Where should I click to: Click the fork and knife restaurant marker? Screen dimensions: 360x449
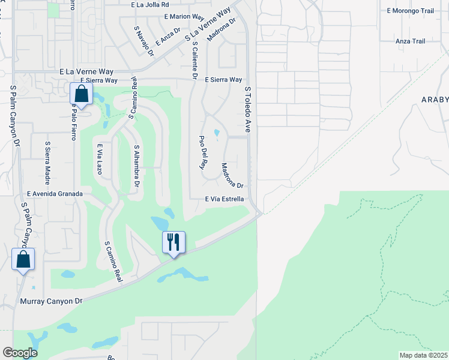(173, 242)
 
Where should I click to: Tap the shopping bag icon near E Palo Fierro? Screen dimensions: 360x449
(81, 95)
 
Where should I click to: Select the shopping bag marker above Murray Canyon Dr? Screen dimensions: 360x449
(23, 260)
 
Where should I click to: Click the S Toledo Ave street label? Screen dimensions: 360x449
(247, 109)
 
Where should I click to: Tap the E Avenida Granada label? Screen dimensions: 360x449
(55, 194)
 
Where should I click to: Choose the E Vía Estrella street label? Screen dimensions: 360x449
(224, 199)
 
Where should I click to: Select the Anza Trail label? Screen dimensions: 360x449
(411, 41)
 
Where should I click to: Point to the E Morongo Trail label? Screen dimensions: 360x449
(410, 11)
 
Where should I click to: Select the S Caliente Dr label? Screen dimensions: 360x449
(194, 56)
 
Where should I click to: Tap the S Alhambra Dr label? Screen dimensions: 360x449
(136, 166)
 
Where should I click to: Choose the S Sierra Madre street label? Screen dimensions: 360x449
(47, 163)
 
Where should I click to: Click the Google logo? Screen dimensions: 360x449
(20, 353)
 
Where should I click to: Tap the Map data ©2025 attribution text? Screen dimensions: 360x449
(423, 355)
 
